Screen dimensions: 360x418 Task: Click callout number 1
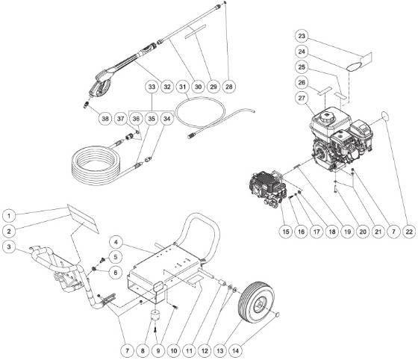pyautogui.click(x=10, y=211)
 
